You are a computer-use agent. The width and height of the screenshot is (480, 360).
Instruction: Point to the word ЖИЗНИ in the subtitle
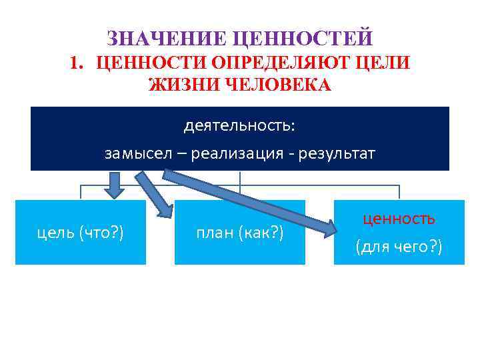click(179, 85)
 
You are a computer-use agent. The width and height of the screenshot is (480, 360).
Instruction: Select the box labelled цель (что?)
click(81, 233)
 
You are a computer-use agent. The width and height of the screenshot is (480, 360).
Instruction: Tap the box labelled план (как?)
click(240, 233)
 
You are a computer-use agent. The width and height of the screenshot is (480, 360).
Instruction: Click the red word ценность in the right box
click(399, 219)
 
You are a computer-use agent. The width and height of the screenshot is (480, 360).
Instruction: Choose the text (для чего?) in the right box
click(399, 247)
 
